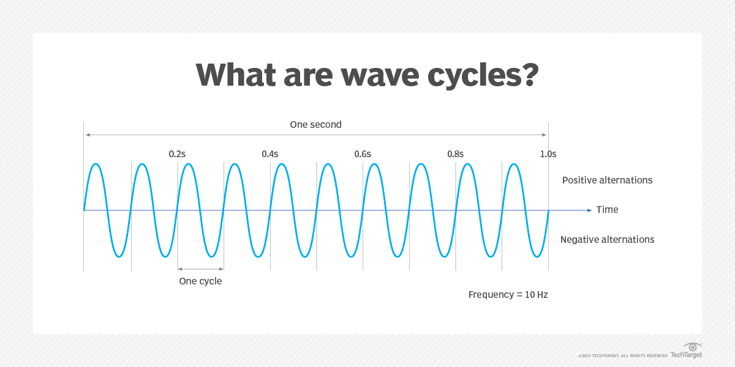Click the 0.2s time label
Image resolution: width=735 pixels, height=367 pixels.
point(177,154)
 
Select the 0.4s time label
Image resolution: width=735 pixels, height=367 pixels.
point(269,154)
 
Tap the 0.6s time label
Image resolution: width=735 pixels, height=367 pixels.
point(363,154)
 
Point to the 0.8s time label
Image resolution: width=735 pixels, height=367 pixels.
point(455,154)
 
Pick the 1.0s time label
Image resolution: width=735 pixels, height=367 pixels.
point(548,154)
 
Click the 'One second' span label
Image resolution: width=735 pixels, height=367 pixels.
point(315,125)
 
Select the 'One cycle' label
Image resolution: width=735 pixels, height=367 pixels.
point(200,281)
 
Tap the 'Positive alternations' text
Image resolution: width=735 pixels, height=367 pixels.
point(607,180)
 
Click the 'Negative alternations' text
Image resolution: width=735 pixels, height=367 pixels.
point(607,240)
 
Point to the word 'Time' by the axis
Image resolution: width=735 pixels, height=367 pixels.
point(607,210)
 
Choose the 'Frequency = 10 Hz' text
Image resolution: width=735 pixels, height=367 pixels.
point(508,295)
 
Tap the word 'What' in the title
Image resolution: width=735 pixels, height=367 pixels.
point(235,75)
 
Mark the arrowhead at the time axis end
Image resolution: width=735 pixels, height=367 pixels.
point(590,210)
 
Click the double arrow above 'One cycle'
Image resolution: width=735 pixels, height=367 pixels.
point(200,268)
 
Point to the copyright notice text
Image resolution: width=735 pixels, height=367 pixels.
point(622,355)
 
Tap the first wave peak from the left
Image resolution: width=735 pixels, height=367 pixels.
point(96,164)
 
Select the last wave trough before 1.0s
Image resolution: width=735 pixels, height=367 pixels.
point(537,256)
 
